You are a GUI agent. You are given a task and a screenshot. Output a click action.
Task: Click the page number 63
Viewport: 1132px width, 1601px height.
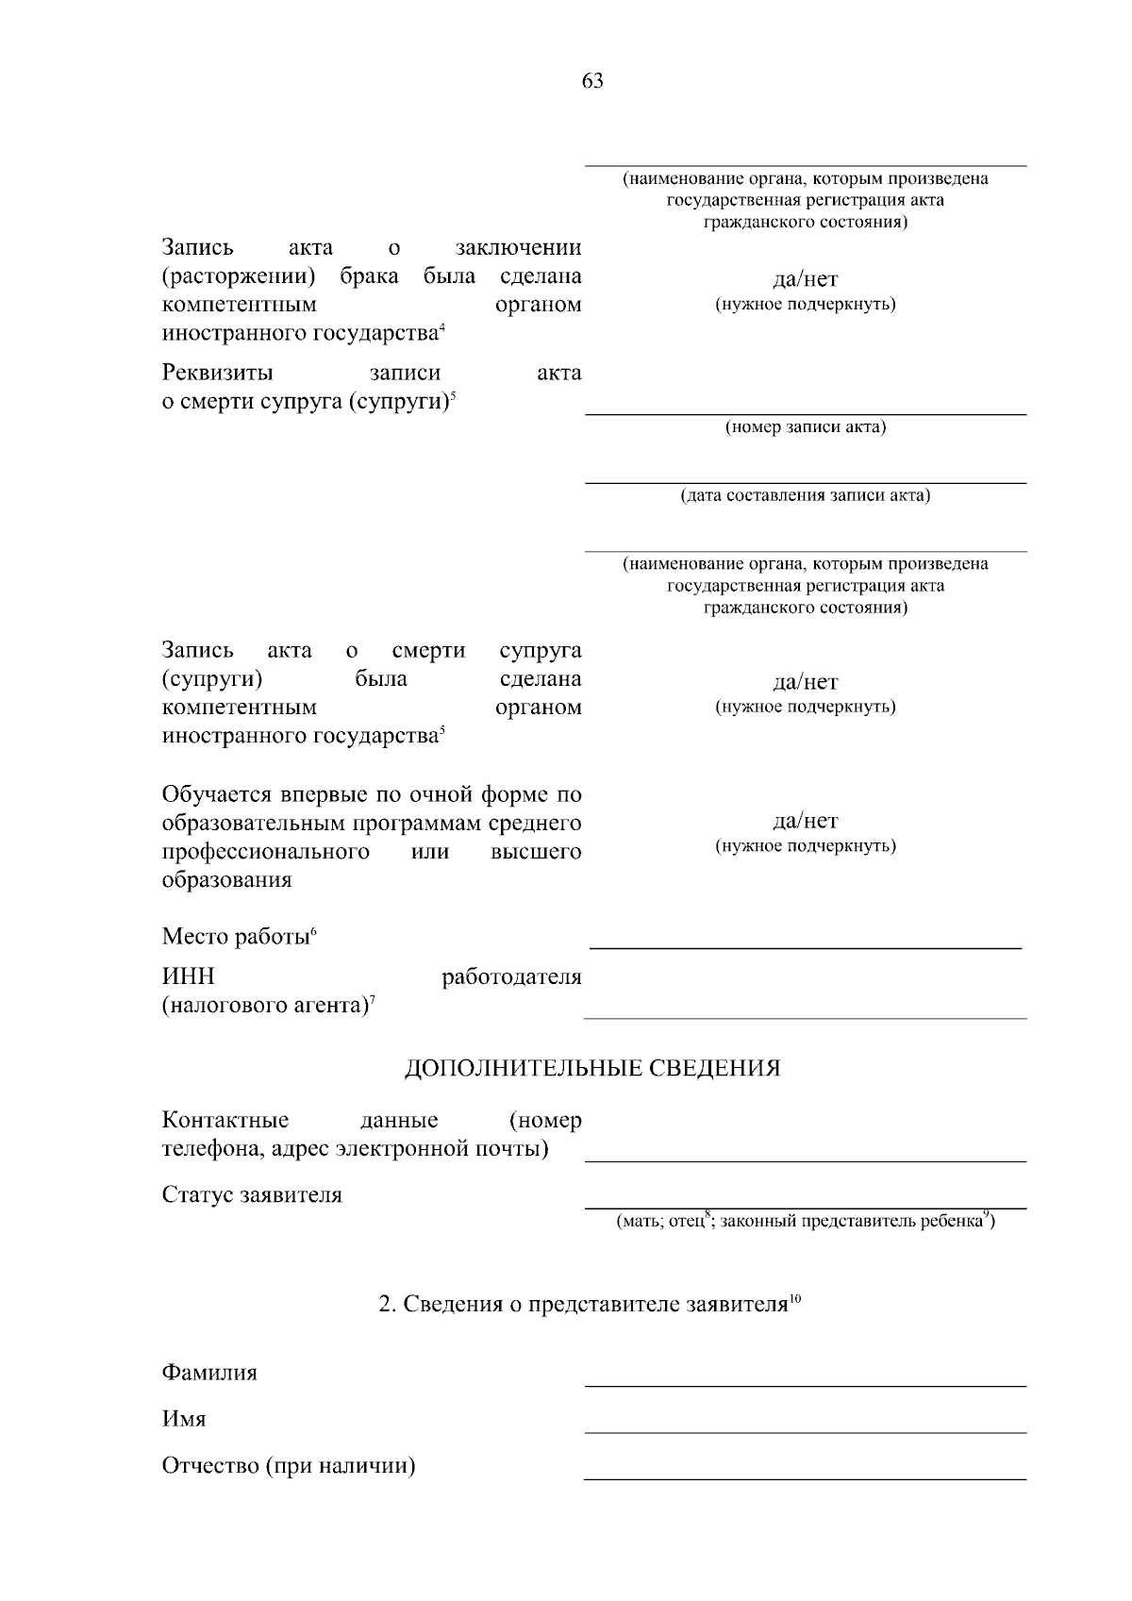click(592, 81)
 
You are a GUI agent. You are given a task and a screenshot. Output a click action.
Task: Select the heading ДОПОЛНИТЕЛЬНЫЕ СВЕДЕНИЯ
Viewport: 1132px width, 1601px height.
click(592, 1069)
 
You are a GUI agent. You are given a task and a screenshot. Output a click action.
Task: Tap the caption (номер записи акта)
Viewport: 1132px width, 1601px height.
click(806, 427)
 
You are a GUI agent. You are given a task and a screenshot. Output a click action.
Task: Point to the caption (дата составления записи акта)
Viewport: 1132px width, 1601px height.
click(806, 495)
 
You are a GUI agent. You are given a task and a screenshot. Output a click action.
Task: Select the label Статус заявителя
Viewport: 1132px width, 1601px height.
click(252, 1195)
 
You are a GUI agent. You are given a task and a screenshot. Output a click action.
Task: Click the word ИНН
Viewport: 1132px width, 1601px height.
click(189, 977)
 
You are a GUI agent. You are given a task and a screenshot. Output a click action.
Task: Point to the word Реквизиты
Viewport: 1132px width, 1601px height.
click(217, 374)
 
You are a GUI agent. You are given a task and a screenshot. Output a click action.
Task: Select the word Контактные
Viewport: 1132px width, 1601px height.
click(225, 1121)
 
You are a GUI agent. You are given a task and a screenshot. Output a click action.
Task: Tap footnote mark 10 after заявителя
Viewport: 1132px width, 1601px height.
click(794, 1300)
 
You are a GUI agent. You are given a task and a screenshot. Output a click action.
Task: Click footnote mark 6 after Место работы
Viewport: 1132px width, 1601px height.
click(313, 932)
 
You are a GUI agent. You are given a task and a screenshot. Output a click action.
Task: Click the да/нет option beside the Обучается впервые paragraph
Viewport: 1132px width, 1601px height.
click(806, 822)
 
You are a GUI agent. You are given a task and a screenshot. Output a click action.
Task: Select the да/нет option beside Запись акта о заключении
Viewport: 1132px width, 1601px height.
click(806, 280)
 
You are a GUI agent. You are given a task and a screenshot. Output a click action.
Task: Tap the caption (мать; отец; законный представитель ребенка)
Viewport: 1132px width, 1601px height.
click(806, 1222)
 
